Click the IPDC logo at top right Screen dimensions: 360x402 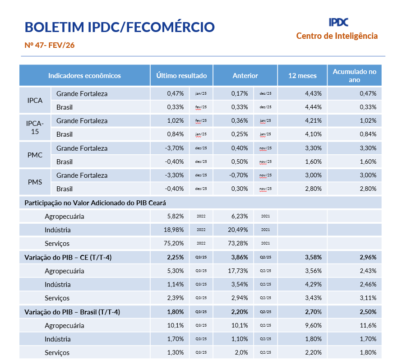338,22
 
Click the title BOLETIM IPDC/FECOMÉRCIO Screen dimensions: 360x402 120,27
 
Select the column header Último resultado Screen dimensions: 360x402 181,75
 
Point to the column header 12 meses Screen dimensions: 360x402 302,75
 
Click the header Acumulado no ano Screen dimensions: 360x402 354,75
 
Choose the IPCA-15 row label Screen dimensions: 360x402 35,127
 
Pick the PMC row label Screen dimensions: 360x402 35,155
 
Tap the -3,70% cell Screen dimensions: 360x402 175,148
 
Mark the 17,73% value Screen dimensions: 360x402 239,271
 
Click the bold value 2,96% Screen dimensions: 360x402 368,257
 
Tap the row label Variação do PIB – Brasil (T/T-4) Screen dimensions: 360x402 72,312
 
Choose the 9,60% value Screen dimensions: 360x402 313,325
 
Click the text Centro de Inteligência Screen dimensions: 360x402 337,36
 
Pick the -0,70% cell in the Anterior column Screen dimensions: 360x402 239,175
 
